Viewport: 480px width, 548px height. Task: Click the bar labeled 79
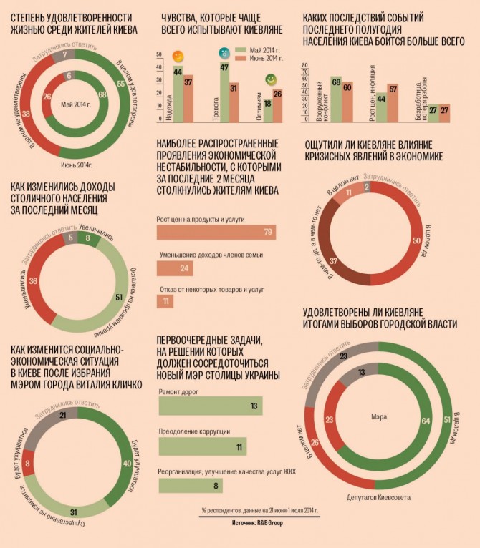coord(215,233)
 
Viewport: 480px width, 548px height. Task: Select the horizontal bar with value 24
coord(174,268)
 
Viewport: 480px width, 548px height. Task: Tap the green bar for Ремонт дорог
coord(208,406)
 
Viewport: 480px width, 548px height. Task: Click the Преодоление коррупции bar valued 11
coord(203,447)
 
